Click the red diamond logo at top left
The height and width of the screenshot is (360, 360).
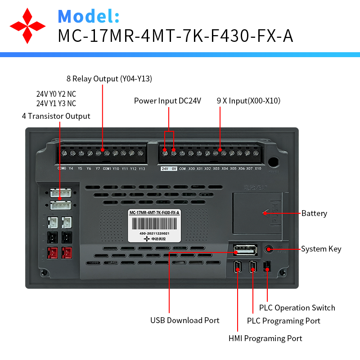pos(27,26)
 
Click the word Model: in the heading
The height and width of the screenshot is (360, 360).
pos(89,16)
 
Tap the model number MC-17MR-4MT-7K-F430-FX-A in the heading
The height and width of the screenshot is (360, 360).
pos(175,36)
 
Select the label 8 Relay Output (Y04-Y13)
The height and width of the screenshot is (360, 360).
pos(109,79)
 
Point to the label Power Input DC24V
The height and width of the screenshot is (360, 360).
pos(167,101)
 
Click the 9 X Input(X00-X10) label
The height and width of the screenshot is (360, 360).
pos(248,101)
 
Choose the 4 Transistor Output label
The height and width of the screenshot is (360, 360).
pos(56,116)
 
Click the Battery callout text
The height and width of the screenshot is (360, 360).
pos(314,213)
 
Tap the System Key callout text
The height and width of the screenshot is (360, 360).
pos(321,249)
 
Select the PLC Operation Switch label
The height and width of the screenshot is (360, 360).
pos(297,308)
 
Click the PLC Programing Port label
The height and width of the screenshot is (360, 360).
pos(283,321)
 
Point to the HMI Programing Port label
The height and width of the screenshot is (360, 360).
pos(265,338)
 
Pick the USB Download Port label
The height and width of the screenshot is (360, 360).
pos(185,320)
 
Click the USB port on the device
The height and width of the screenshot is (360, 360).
pos(245,250)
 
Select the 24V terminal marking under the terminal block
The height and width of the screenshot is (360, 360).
pos(165,169)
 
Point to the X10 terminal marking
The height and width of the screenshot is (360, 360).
pos(258,169)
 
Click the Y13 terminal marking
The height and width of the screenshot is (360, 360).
pos(142,169)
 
